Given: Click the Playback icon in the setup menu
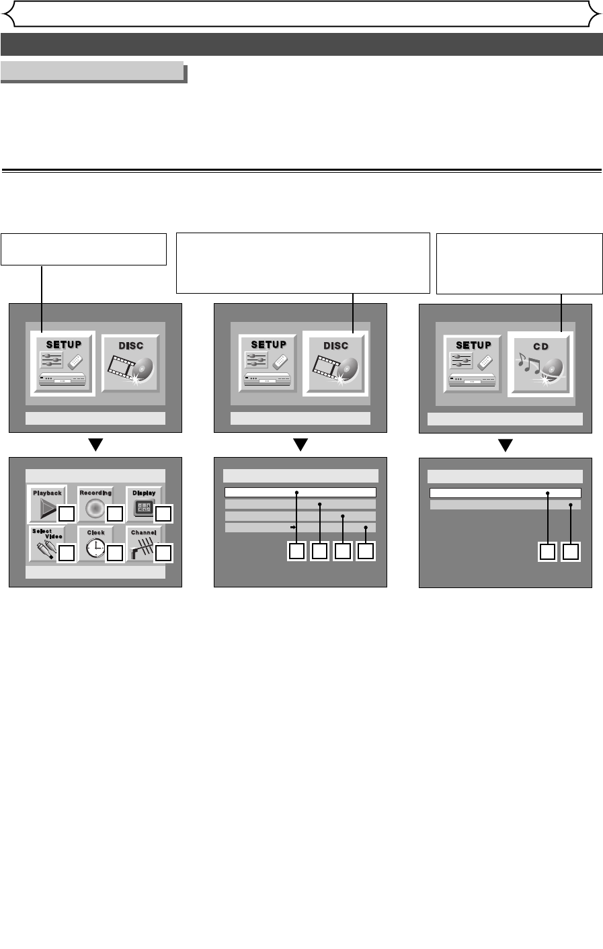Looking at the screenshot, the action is click(x=46, y=504).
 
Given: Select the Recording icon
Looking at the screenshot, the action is click(x=95, y=504).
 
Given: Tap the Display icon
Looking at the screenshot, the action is click(x=143, y=504).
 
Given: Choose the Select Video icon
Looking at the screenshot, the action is click(x=46, y=543).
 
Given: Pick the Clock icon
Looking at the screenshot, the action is click(x=95, y=543).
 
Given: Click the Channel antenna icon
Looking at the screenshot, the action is click(x=143, y=543).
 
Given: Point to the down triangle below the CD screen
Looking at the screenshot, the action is click(x=505, y=445).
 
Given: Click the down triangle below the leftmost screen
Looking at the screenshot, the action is click(x=96, y=445).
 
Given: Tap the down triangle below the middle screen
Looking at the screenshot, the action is click(x=300, y=445).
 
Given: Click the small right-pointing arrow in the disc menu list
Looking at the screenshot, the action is click(x=293, y=528).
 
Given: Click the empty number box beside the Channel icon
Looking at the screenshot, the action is click(x=163, y=552).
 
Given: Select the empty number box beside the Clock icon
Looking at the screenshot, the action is click(x=114, y=552).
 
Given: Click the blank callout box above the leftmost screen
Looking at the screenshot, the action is click(x=83, y=249).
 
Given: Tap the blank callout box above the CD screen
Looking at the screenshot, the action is click(x=520, y=263).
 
